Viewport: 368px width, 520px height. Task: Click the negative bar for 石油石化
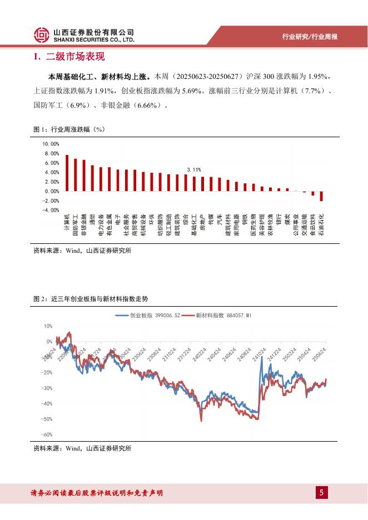click(321, 196)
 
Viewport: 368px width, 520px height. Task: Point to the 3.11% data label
click(193, 169)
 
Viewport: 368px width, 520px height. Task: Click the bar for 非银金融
click(84, 176)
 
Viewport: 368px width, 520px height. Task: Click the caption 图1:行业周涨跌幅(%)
click(69, 129)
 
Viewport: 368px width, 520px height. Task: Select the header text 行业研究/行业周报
click(310, 37)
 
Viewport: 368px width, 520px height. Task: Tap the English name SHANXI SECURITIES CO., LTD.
click(95, 40)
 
